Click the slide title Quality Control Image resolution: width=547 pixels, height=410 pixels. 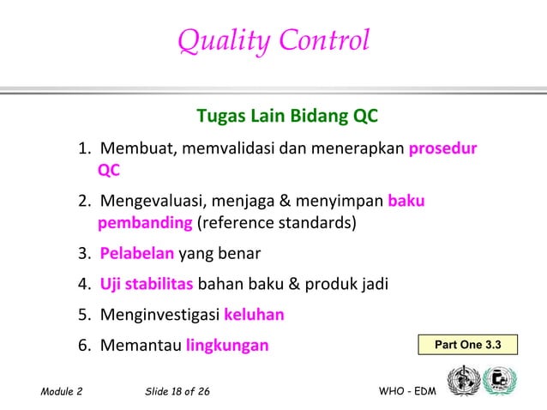coord(273,40)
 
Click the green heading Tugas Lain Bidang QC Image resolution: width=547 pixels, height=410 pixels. coord(287,115)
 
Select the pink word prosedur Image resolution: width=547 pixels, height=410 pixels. coord(443,148)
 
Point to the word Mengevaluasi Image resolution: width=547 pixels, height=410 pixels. coord(150,202)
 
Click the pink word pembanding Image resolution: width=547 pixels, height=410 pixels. coord(146,224)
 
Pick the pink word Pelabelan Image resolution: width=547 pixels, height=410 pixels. coord(137,255)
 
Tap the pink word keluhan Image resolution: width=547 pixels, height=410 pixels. coord(254,315)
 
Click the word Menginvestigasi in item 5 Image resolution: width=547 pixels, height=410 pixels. coord(159,315)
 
